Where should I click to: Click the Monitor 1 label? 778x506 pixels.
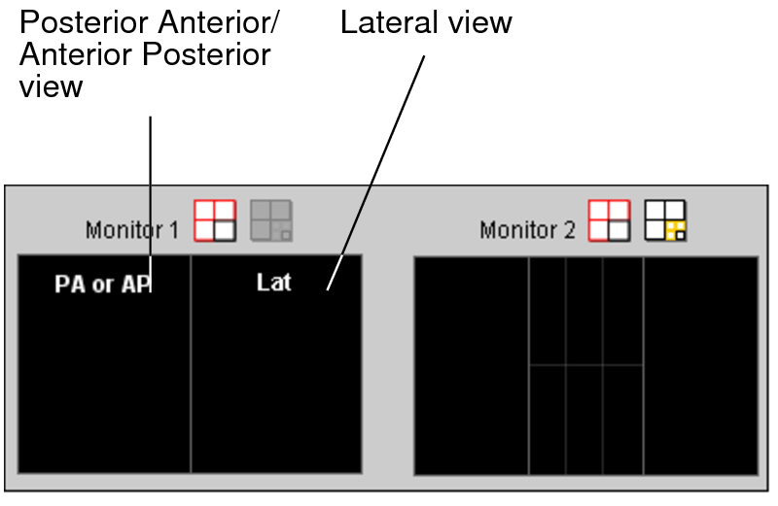coord(132,230)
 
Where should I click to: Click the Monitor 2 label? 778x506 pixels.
coord(526,230)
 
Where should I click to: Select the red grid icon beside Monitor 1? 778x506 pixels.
coord(215,220)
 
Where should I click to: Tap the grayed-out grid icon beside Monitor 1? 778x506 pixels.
coord(271,220)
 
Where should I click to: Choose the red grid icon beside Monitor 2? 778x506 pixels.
coord(609,220)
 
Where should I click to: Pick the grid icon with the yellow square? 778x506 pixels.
coord(665,220)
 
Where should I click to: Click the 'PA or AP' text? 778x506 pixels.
coord(103,285)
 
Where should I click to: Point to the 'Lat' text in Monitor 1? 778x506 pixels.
coord(273,283)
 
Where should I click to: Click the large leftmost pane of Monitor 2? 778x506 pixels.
coord(472,365)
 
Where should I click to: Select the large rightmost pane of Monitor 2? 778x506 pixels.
coord(699,365)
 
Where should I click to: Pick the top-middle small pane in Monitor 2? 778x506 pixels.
coord(583,311)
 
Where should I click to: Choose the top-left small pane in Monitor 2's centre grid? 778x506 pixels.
coord(548,311)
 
